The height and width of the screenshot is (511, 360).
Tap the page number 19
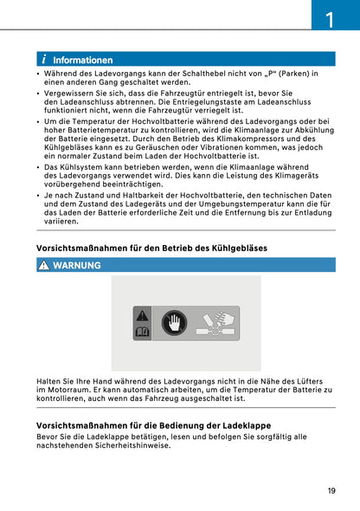331,490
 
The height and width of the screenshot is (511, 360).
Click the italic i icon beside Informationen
43,61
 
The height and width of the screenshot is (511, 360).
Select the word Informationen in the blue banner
83,61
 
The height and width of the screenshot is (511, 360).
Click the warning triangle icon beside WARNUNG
43,265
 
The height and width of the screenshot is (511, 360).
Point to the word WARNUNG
77,265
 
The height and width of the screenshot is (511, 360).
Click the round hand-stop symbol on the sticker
175,322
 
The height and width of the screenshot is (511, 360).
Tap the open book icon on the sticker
142,331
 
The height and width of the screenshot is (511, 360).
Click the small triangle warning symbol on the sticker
142,314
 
